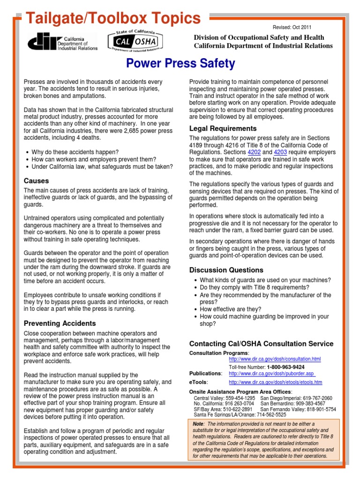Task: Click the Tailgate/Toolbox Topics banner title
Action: click(112, 18)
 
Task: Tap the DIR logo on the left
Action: click(63, 42)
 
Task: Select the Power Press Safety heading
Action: click(180, 63)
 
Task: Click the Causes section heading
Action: click(37, 181)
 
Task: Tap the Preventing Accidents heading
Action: click(60, 323)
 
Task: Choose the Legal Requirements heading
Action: click(223, 128)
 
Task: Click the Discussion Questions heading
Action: click(226, 270)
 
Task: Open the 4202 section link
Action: click(254, 152)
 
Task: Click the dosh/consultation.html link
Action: click(275, 359)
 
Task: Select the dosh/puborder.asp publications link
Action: click(272, 374)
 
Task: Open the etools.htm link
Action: click(275, 382)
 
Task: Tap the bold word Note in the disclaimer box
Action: click(198, 424)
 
